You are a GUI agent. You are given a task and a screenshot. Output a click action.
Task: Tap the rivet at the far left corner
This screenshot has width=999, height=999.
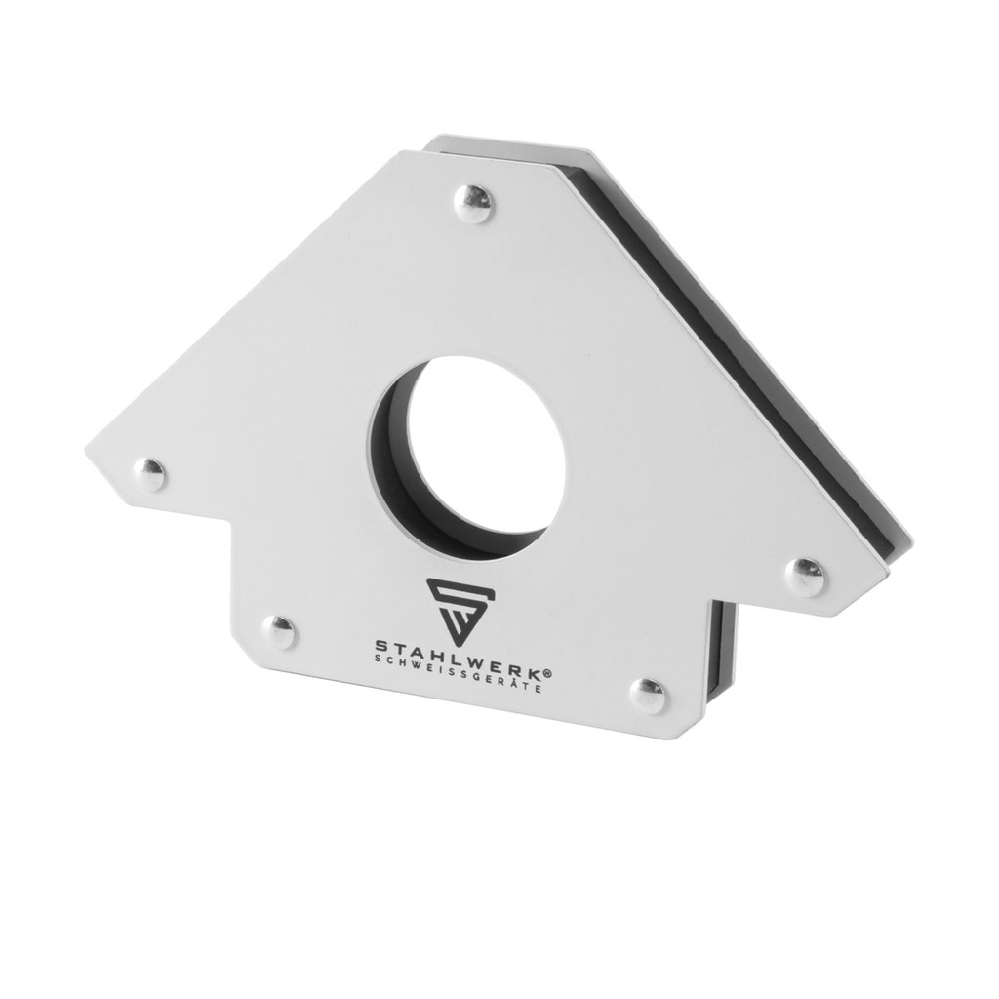[149, 474]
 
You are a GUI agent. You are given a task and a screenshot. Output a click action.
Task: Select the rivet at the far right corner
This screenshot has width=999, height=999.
[806, 576]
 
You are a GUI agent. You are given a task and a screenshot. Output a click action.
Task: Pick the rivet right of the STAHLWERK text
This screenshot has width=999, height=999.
[647, 695]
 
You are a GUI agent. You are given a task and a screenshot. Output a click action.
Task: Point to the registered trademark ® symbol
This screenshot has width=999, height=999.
[547, 673]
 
